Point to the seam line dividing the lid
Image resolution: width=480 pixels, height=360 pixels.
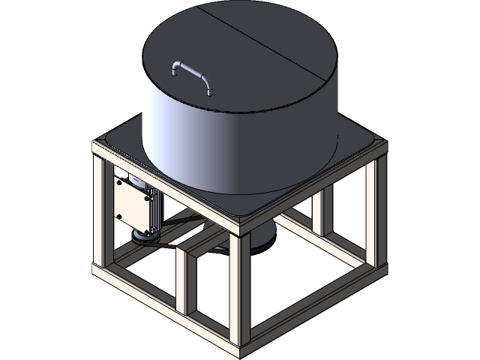tap(262, 46)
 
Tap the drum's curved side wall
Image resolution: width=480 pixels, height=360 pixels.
tap(225, 142)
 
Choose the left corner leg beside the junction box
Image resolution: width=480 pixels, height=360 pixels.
tap(99, 217)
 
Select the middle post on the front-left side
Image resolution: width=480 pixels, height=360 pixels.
tap(182, 277)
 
